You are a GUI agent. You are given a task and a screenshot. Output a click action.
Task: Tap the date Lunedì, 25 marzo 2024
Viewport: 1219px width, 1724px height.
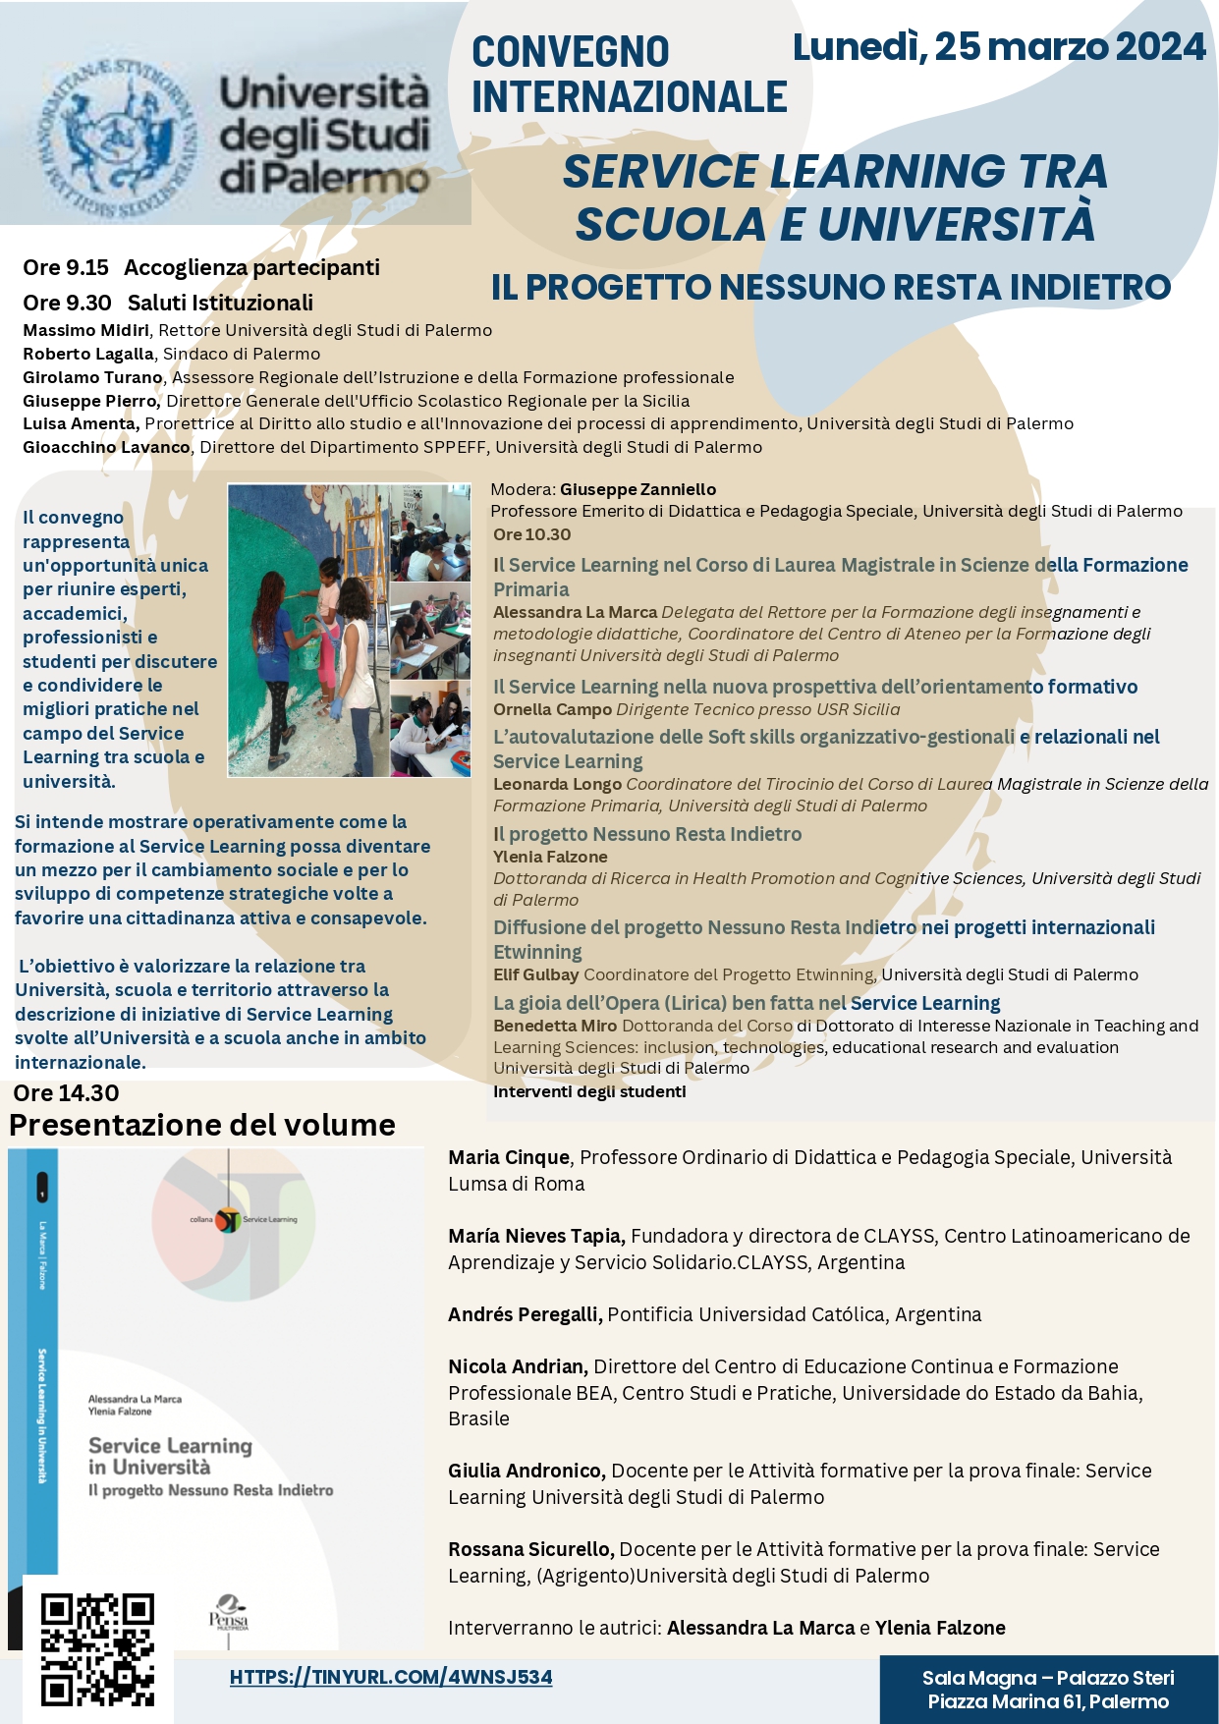point(998,47)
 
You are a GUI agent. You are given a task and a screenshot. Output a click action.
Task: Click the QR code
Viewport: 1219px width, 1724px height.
point(97,1649)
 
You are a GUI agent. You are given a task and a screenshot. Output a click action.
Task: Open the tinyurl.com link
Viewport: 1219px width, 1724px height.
point(391,1677)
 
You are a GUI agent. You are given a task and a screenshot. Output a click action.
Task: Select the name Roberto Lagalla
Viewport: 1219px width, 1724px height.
point(88,354)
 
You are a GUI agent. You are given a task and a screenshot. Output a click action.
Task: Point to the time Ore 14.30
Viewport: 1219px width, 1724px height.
point(66,1093)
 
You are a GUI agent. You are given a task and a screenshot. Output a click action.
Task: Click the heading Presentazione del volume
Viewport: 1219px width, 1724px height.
point(202,1125)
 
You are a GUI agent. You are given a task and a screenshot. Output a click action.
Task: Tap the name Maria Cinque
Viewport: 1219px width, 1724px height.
point(509,1157)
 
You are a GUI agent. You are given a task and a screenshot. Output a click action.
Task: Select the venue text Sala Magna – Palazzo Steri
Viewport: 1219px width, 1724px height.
point(1048,1678)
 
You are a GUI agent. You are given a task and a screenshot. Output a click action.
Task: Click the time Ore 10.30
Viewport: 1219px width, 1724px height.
point(531,534)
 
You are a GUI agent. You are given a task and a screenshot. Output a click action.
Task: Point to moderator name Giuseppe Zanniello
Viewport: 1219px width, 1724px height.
point(637,489)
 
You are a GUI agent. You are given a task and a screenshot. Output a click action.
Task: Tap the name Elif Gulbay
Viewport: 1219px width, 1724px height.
point(535,974)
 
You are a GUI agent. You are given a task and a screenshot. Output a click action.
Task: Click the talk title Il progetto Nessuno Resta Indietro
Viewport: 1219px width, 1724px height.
point(647,834)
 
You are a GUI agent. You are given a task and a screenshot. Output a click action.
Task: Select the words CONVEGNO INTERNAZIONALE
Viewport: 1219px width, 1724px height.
point(629,75)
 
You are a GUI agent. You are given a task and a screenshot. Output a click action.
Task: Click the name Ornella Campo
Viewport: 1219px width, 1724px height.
point(552,709)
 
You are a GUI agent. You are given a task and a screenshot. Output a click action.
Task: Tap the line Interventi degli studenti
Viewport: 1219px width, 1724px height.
point(589,1091)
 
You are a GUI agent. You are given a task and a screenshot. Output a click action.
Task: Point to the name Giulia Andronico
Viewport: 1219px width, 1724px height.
point(526,1471)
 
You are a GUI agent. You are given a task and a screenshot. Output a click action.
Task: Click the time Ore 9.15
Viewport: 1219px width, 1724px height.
point(66,267)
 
